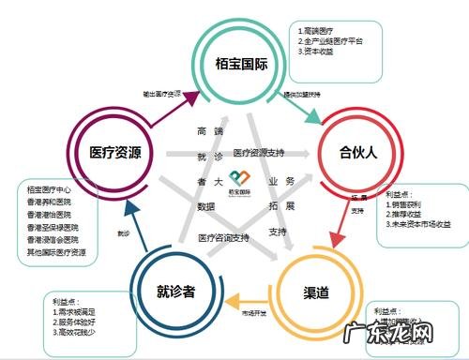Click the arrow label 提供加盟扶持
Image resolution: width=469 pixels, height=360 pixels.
pyautogui.click(x=302, y=94)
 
